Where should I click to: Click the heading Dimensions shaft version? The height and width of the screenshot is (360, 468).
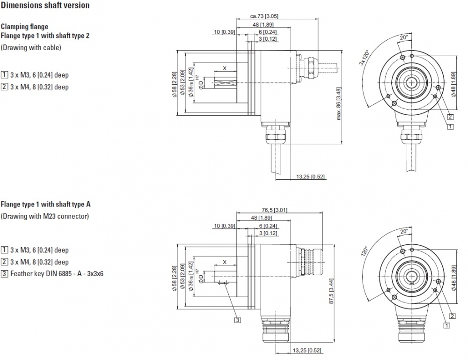[x=45, y=6]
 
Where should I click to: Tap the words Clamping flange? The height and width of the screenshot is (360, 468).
[x=24, y=27]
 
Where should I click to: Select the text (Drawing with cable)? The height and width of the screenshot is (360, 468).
[x=31, y=47]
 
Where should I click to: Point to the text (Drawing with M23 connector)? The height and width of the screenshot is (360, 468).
[x=44, y=216]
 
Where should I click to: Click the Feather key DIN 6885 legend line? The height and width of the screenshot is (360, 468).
[x=56, y=273]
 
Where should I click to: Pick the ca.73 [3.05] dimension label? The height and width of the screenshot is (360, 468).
[x=264, y=16]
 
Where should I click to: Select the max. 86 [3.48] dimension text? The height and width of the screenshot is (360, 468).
[x=339, y=103]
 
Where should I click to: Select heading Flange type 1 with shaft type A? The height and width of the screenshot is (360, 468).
[x=45, y=204]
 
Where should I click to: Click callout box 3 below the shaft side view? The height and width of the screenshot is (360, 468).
[x=238, y=320]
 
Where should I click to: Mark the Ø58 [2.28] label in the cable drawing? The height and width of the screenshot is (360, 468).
[x=175, y=83]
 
